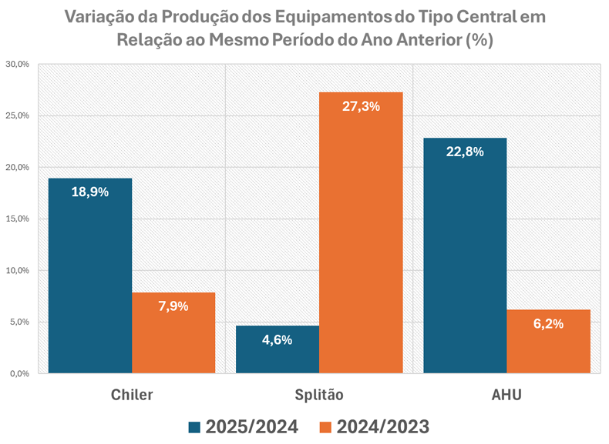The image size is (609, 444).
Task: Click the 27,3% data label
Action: [x=361, y=106]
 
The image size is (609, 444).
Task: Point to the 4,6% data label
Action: [x=278, y=339]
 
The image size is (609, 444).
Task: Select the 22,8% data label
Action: [x=465, y=152]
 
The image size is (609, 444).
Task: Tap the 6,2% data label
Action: [x=548, y=323]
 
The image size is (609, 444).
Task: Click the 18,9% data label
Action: [x=90, y=192]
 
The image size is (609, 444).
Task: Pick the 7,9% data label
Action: [x=173, y=305]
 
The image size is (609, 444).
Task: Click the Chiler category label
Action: [x=132, y=395]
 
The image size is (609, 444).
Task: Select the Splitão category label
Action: [x=319, y=395]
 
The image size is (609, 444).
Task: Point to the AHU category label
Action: [x=506, y=395]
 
